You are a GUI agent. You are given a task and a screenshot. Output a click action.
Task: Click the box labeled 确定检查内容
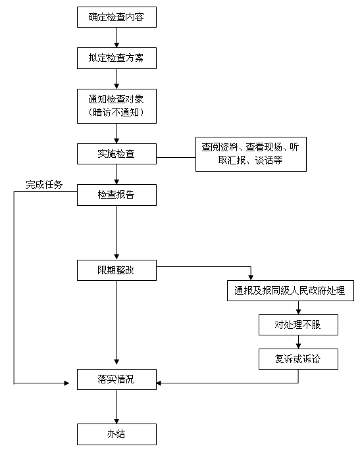pos(116,17)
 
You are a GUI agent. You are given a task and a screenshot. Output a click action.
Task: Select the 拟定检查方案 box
pos(116,58)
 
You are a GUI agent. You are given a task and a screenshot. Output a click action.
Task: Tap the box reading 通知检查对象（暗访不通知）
pos(116,106)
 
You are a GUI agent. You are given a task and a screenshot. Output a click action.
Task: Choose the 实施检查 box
pos(116,154)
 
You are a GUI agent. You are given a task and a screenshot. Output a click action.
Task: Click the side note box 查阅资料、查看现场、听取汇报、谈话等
pos(251,154)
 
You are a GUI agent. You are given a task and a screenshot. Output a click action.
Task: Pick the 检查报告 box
pos(116,195)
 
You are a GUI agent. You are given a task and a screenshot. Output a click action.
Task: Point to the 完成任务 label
pos(44,185)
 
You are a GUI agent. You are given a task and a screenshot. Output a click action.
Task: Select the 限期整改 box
pos(116,270)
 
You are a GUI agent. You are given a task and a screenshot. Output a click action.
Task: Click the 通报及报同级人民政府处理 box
pos(290,291)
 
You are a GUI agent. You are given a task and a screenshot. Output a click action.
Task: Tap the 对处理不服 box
pos(298,325)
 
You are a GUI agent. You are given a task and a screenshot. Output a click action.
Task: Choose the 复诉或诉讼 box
pos(298,359)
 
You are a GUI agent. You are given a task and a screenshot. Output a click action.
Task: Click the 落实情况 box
pos(116,379)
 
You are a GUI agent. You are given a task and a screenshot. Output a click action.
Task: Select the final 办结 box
pos(116,434)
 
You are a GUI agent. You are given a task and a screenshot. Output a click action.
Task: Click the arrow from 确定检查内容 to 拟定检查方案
pos(116,37)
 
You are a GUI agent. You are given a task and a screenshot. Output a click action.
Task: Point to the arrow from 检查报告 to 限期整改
pos(116,233)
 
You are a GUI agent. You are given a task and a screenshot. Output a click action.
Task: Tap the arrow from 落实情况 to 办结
pos(116,406)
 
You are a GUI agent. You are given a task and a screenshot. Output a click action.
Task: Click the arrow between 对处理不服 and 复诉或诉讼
pos(298,342)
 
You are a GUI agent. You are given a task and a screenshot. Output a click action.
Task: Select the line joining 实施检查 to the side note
pos(176,157)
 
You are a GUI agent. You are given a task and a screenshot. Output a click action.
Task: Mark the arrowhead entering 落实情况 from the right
pos(159,383)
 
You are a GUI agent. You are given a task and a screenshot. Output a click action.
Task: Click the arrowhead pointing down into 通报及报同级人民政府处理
pos(251,278)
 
